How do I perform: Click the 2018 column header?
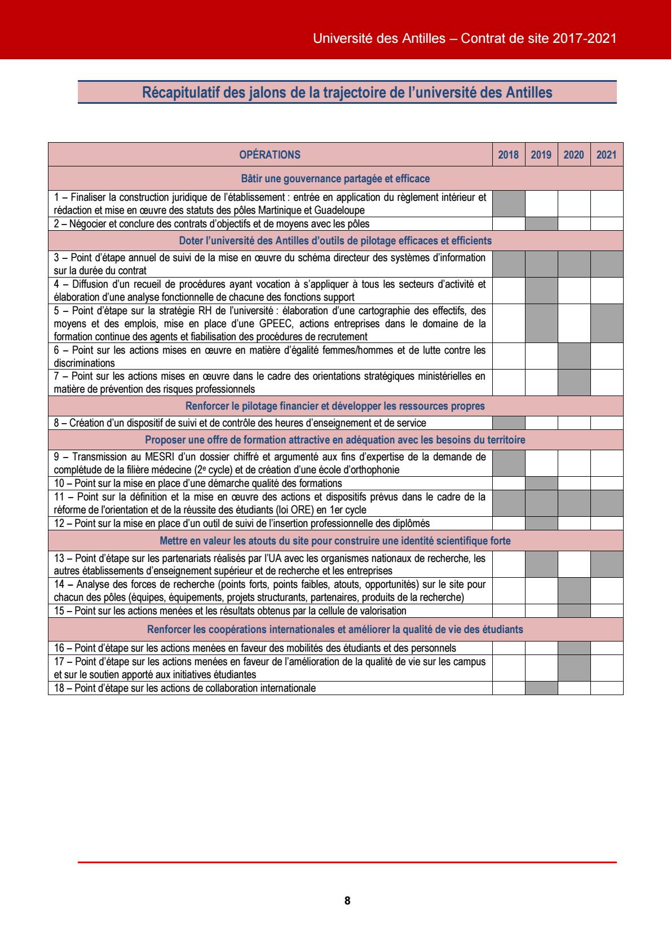[x=508, y=155]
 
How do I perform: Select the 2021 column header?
[x=606, y=155]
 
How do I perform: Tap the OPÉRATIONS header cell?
[x=270, y=155]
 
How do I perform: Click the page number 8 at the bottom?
[x=347, y=900]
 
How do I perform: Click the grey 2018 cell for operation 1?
[x=509, y=204]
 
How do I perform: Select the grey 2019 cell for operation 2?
[x=541, y=224]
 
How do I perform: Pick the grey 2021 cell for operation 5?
[x=607, y=323]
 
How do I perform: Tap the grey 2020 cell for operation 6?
[x=574, y=357]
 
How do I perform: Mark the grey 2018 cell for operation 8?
[x=509, y=423]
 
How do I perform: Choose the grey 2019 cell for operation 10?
[x=541, y=483]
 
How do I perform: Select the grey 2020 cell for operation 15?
[x=574, y=610]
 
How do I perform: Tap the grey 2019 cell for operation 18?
[x=541, y=688]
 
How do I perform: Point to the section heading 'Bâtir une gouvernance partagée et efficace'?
[x=335, y=179]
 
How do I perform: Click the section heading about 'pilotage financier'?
[x=335, y=406]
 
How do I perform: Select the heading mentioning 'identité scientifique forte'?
[x=335, y=541]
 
